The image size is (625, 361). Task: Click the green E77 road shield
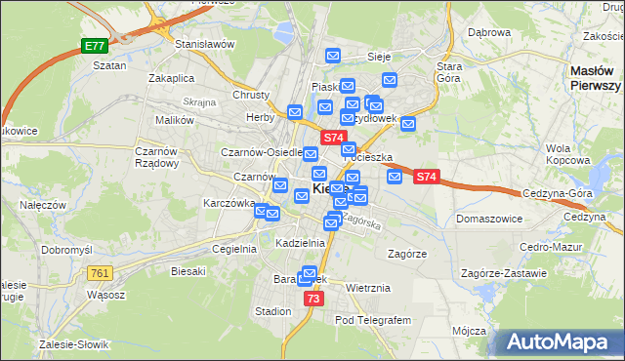(94, 46)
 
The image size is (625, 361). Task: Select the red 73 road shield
(312, 299)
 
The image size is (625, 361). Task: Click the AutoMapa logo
(560, 341)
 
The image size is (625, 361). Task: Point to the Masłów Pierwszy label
(595, 78)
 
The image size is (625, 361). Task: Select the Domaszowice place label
(489, 218)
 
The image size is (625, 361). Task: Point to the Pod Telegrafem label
(373, 319)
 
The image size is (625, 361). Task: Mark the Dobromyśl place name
(66, 250)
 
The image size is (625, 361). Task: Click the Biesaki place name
(187, 270)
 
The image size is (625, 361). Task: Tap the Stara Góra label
(449, 71)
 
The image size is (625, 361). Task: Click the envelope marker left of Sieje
(333, 57)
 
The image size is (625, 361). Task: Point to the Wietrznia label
(368, 288)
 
